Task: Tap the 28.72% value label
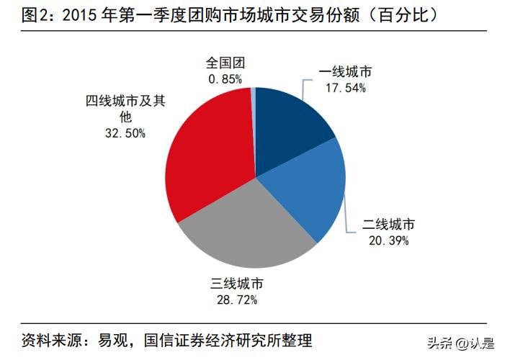233,297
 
